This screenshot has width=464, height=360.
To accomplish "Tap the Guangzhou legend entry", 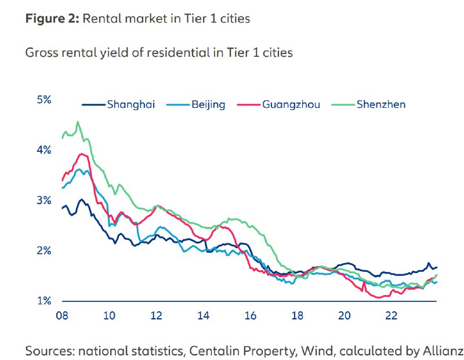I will point(291,105).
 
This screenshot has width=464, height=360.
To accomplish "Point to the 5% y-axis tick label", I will point(44,100).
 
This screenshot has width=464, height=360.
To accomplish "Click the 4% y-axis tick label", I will point(44,150).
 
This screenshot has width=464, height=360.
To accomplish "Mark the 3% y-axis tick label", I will point(44,201).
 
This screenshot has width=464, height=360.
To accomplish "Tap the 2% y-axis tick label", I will point(44,251).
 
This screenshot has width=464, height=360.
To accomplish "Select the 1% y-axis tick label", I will point(44,301).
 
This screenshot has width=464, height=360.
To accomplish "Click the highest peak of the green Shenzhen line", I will point(78,122).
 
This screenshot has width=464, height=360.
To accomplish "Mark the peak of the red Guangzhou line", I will point(82,154).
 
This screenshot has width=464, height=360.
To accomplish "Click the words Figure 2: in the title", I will point(51,19).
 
